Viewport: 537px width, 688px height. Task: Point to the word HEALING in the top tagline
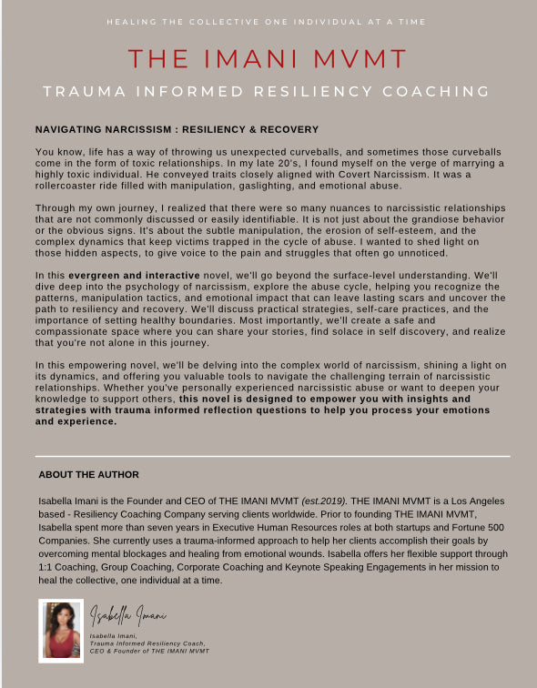130,21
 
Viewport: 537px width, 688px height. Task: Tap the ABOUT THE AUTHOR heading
88,474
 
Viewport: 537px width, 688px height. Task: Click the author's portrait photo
61,630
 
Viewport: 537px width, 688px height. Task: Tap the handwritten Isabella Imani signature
127,615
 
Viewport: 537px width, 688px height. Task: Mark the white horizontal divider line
272,456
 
